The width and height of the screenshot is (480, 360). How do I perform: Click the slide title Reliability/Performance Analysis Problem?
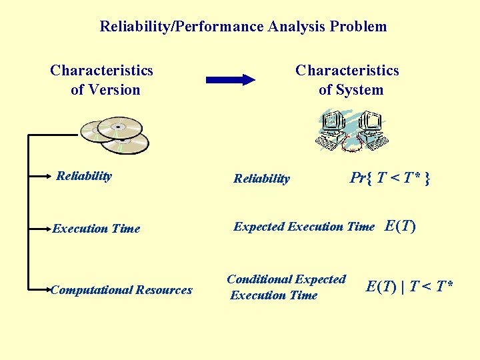pyautogui.click(x=243, y=27)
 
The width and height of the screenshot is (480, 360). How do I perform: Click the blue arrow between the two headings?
pyautogui.click(x=230, y=80)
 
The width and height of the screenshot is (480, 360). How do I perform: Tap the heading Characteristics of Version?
pyautogui.click(x=102, y=80)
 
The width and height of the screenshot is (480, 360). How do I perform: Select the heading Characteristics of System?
pyautogui.click(x=347, y=80)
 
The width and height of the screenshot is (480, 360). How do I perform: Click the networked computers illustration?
pyautogui.click(x=351, y=130)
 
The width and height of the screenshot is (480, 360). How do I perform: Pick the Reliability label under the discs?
pyautogui.click(x=84, y=176)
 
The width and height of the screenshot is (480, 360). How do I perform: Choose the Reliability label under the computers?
pyautogui.click(x=261, y=178)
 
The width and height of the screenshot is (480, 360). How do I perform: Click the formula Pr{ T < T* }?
pyautogui.click(x=390, y=177)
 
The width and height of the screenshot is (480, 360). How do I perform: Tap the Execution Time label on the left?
pyautogui.click(x=96, y=229)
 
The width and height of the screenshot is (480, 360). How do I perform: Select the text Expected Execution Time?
pyautogui.click(x=303, y=227)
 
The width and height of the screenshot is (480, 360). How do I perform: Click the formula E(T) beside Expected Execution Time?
pyautogui.click(x=401, y=226)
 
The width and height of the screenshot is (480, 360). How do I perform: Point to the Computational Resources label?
pyautogui.click(x=121, y=289)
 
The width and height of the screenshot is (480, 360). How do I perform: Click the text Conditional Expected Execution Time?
pyautogui.click(x=286, y=287)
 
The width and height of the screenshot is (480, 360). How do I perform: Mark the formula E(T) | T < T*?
pyautogui.click(x=410, y=287)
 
